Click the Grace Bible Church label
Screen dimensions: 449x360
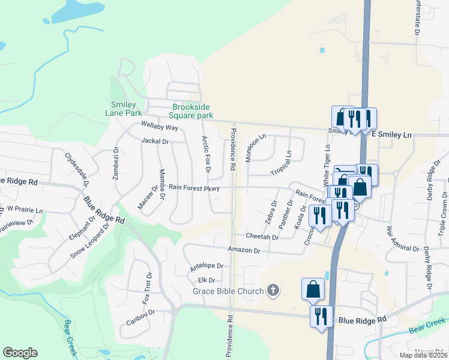pos(228,292)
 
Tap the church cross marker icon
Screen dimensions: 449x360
pos(273,292)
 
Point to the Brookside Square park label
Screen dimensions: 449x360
pos(191,111)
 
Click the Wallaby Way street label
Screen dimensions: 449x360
pos(160,127)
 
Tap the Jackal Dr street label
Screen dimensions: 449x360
pos(155,142)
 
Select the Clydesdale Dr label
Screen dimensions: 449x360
pos(76,170)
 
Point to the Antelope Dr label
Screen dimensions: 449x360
pos(206,266)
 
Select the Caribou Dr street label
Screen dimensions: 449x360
pos(140,317)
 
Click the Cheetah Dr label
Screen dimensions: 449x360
pos(262,238)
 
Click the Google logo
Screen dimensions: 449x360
pos(20,353)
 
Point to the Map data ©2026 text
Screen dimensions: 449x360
pos(423,355)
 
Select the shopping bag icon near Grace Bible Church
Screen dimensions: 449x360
pos(313,290)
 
